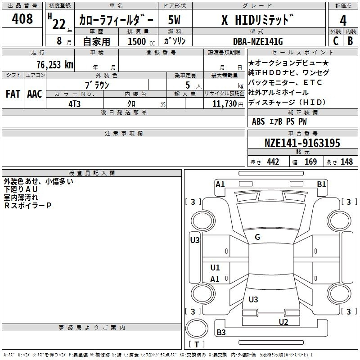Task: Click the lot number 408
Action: click(x=22, y=18)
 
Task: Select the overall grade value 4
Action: click(x=343, y=21)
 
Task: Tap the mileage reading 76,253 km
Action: click(x=55, y=65)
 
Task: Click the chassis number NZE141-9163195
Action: click(x=302, y=143)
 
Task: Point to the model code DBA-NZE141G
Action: click(x=258, y=41)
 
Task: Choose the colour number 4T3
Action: click(x=74, y=104)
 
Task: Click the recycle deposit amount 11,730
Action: click(x=225, y=104)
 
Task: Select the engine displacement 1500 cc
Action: click(x=141, y=41)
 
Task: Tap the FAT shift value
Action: click(x=13, y=94)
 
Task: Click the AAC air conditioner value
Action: click(x=35, y=94)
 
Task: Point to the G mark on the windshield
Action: click(x=257, y=237)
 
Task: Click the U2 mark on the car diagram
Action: click(x=283, y=322)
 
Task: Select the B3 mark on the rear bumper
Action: click(x=221, y=332)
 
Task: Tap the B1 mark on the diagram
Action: click(x=321, y=184)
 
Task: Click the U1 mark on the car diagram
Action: click(x=215, y=267)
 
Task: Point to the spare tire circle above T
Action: click(x=197, y=328)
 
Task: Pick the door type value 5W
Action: click(x=174, y=20)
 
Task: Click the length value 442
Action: click(x=273, y=162)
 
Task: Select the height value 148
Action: click(x=346, y=162)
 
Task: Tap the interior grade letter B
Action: click(x=350, y=41)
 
